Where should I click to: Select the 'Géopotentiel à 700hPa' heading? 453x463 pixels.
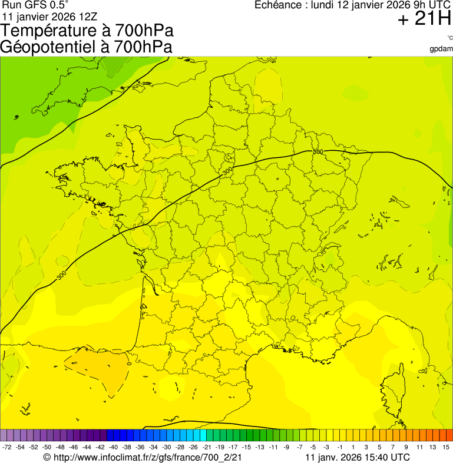click(87, 47)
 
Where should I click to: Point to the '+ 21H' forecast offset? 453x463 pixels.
click(424, 19)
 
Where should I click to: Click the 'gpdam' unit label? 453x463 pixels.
click(441, 48)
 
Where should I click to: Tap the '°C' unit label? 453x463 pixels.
click(449, 38)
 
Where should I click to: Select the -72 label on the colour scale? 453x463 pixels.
click(7, 448)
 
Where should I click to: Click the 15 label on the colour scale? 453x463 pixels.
click(446, 448)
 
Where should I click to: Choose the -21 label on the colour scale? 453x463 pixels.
click(207, 448)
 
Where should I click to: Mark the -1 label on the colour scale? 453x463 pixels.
click(340, 448)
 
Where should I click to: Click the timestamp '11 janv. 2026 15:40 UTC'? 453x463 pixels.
click(358, 457)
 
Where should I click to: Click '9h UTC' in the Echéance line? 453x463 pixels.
click(431, 5)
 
